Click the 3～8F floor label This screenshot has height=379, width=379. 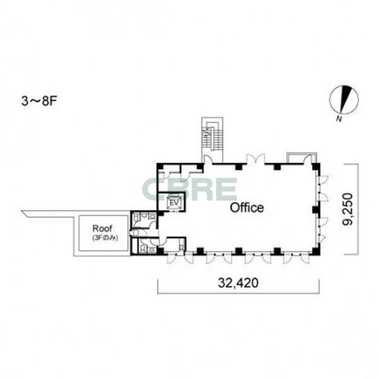coord(39,102)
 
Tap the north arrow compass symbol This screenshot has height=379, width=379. coord(343,100)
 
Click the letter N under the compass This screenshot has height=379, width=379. coord(339,118)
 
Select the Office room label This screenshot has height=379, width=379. coord(247,208)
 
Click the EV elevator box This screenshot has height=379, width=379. coord(174,203)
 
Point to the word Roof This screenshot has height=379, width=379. coord(102,229)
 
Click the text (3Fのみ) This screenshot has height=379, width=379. coord(105,238)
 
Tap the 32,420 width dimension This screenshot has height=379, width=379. coord(238,283)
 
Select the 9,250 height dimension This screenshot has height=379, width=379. coord(348,209)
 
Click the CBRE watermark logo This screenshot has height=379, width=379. coord(189,189)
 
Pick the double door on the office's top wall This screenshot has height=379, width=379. coord(256,159)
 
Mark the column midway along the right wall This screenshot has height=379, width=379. coord(316,210)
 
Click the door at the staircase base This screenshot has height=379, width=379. coord(208,160)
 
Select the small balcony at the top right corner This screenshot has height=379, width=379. coord(302,158)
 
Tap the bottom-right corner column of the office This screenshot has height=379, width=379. coord(316,252)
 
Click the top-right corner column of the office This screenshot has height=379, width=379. coord(316,167)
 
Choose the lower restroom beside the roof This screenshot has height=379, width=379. coord(144,246)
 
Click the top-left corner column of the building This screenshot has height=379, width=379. coord(160,167)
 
